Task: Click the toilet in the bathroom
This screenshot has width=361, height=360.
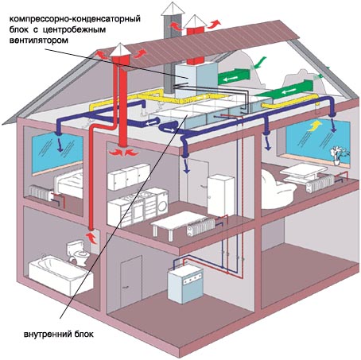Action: (x=76, y=252)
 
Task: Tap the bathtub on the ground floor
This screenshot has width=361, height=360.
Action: (x=60, y=276)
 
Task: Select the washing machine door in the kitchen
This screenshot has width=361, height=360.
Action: (x=163, y=206)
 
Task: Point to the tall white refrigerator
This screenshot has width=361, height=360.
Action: (x=221, y=195)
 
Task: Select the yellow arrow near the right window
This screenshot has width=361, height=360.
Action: (x=314, y=125)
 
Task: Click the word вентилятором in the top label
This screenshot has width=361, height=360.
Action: (x=39, y=41)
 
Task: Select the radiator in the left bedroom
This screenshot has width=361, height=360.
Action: (x=40, y=193)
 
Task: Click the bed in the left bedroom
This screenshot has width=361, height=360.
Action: (x=69, y=183)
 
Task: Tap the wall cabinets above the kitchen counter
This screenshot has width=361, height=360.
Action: (x=129, y=176)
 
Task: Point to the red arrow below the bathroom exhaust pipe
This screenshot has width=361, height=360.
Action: (x=91, y=238)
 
